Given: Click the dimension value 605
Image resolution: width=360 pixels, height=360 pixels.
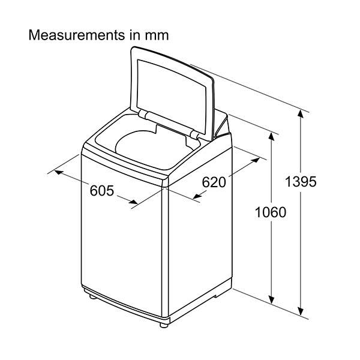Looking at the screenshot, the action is click(102, 190).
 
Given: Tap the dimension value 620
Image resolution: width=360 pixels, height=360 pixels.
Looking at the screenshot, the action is click(214, 182).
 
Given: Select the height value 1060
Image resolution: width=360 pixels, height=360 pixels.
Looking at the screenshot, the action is click(271, 212).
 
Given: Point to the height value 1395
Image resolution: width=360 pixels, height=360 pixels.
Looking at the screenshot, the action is click(301, 181).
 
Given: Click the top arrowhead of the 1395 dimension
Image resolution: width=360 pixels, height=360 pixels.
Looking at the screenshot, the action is click(301, 114).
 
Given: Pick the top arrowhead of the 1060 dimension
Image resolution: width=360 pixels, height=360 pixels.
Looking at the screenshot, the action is click(271, 137).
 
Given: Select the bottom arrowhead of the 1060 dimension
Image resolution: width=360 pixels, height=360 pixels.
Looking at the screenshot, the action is click(271, 299).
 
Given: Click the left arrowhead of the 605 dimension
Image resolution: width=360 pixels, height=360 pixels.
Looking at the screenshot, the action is click(59, 172).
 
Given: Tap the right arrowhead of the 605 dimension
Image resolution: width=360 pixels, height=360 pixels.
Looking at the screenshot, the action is click(133, 202).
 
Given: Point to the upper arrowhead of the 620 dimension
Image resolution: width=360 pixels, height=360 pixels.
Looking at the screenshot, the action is click(256, 160).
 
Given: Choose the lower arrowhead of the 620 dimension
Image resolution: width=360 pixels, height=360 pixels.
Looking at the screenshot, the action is click(197, 196).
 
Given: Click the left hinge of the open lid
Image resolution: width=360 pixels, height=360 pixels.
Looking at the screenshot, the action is click(144, 114).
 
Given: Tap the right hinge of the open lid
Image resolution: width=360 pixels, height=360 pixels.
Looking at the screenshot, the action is click(195, 134).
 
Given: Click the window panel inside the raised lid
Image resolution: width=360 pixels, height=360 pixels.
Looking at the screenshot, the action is click(171, 96).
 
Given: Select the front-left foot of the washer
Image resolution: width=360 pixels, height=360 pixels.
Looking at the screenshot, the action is click(93, 297).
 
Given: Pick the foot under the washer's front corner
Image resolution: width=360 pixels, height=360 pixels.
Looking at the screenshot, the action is click(163, 325).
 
